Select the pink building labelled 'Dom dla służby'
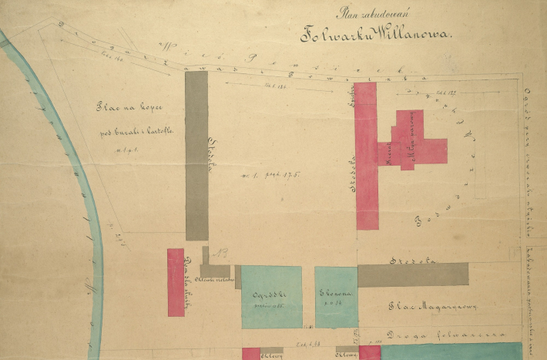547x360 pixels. (x=176, y=282)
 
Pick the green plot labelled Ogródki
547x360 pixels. (x=271, y=297)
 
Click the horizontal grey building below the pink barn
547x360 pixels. (x=413, y=274)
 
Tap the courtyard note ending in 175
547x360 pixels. (x=270, y=175)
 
